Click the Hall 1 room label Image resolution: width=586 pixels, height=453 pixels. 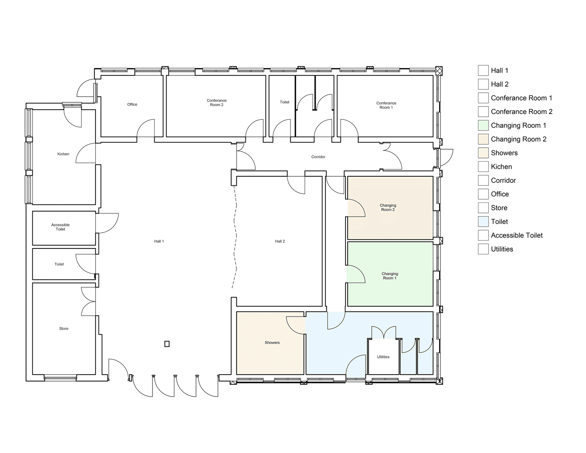(159, 241)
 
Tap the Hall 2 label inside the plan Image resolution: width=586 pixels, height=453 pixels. (280, 241)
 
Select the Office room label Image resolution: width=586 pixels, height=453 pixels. (132, 104)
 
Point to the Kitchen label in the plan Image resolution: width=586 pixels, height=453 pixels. (63, 154)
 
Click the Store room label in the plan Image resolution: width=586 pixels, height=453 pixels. (64, 328)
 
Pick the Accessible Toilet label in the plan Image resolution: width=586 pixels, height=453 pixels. (60, 227)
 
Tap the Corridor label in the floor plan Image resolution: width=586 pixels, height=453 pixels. (318, 157)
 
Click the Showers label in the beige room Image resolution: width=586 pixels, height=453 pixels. (272, 343)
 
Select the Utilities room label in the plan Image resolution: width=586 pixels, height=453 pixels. (383, 357)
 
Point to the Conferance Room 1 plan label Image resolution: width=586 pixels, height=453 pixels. (386, 105)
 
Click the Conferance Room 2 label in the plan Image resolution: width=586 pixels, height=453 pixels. (216, 103)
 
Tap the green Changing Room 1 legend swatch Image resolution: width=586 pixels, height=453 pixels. (483, 125)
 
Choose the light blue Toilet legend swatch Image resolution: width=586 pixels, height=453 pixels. (483, 221)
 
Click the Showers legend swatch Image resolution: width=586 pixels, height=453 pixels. (483, 153)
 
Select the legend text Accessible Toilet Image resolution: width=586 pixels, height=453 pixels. (517, 235)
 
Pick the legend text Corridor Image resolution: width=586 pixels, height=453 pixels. (503, 180)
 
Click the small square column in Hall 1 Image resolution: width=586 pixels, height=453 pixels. (167, 344)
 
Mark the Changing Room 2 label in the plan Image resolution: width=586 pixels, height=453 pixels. (388, 207)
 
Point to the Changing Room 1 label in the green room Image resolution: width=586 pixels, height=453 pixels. (390, 276)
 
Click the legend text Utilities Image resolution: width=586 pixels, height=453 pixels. (502, 249)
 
